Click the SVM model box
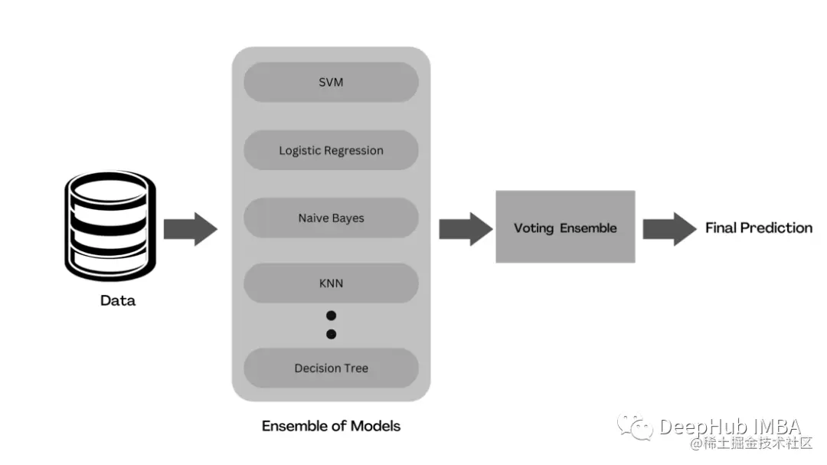(331, 82)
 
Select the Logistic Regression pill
(331, 150)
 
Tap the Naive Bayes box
(331, 218)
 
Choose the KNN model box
(331, 283)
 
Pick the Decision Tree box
(331, 368)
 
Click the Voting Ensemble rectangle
(565, 228)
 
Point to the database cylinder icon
(108, 225)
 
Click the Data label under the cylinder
(118, 301)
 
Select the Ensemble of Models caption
(331, 426)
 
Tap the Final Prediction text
(758, 228)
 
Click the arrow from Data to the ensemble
(191, 228)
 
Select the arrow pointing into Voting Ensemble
(465, 228)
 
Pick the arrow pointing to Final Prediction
(668, 228)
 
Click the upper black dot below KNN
(331, 316)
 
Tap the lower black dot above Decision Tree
(331, 334)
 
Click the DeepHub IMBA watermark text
(730, 427)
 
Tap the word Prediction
(776, 228)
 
